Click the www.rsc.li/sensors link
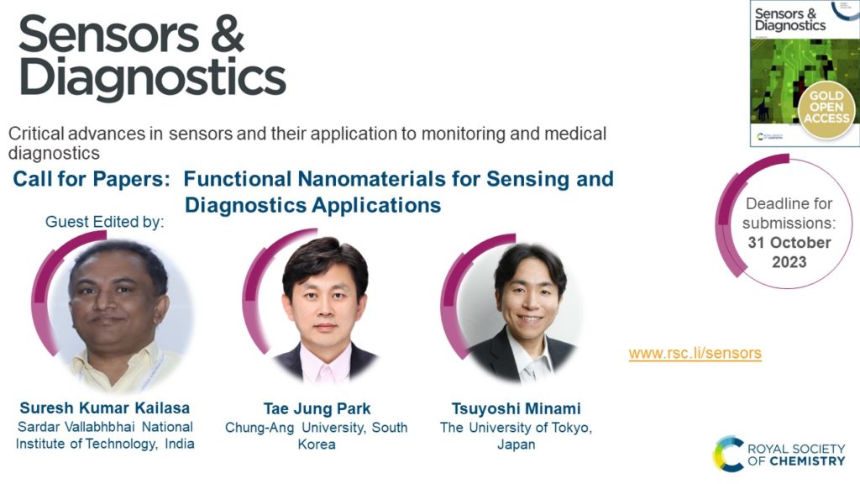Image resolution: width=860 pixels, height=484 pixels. (x=695, y=353)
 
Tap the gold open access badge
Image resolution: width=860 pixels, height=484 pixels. (x=826, y=107)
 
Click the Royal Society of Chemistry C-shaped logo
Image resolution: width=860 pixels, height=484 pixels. (x=728, y=455)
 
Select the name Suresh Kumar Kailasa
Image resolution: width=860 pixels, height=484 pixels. (x=105, y=408)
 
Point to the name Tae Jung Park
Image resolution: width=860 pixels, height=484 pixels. (x=317, y=409)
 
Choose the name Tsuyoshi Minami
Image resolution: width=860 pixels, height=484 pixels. (x=517, y=409)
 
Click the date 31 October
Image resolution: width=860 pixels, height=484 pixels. (x=789, y=243)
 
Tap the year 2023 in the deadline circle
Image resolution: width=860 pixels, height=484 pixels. (x=789, y=262)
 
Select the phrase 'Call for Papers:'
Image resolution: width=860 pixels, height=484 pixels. (x=92, y=180)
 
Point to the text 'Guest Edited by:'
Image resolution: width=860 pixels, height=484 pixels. (x=104, y=222)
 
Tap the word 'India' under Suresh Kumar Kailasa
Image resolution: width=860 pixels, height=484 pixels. (x=180, y=444)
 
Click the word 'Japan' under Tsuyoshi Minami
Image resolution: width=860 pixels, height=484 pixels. (x=517, y=445)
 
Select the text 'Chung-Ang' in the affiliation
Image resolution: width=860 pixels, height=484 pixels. (x=260, y=428)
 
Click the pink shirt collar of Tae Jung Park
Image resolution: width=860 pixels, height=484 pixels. (x=325, y=364)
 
